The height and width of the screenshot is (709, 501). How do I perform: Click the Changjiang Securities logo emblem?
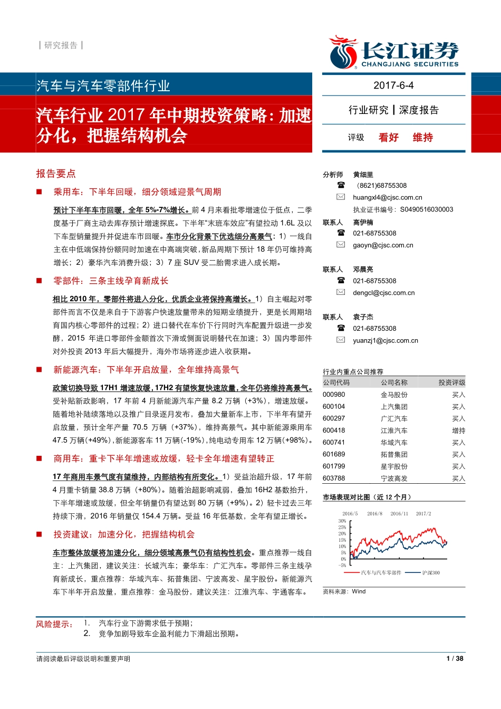[x=343, y=52]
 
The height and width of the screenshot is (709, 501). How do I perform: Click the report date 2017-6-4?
[x=393, y=85]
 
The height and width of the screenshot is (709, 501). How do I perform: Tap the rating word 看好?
[x=389, y=138]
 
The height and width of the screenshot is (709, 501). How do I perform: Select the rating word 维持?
[x=423, y=138]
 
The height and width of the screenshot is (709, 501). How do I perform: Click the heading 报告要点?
[x=56, y=174]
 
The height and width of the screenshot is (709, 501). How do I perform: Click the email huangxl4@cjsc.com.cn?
[x=388, y=197]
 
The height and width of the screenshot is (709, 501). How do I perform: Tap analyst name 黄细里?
[x=363, y=175]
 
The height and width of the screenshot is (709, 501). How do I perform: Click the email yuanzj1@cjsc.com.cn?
[x=386, y=341]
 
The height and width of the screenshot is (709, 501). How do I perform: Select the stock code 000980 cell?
[x=334, y=395]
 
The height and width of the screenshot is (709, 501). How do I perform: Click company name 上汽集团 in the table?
[x=394, y=407]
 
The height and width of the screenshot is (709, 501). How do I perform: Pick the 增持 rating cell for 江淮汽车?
[x=458, y=430]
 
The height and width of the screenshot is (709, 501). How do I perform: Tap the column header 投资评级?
[x=451, y=382]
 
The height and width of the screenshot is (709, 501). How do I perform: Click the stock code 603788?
[x=334, y=478]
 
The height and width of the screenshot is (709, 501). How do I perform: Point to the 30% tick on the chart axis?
[x=342, y=521]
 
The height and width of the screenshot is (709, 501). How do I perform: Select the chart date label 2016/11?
[x=399, y=514]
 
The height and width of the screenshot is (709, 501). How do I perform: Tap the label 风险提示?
[x=54, y=625]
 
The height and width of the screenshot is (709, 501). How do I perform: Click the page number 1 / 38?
[x=455, y=658]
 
